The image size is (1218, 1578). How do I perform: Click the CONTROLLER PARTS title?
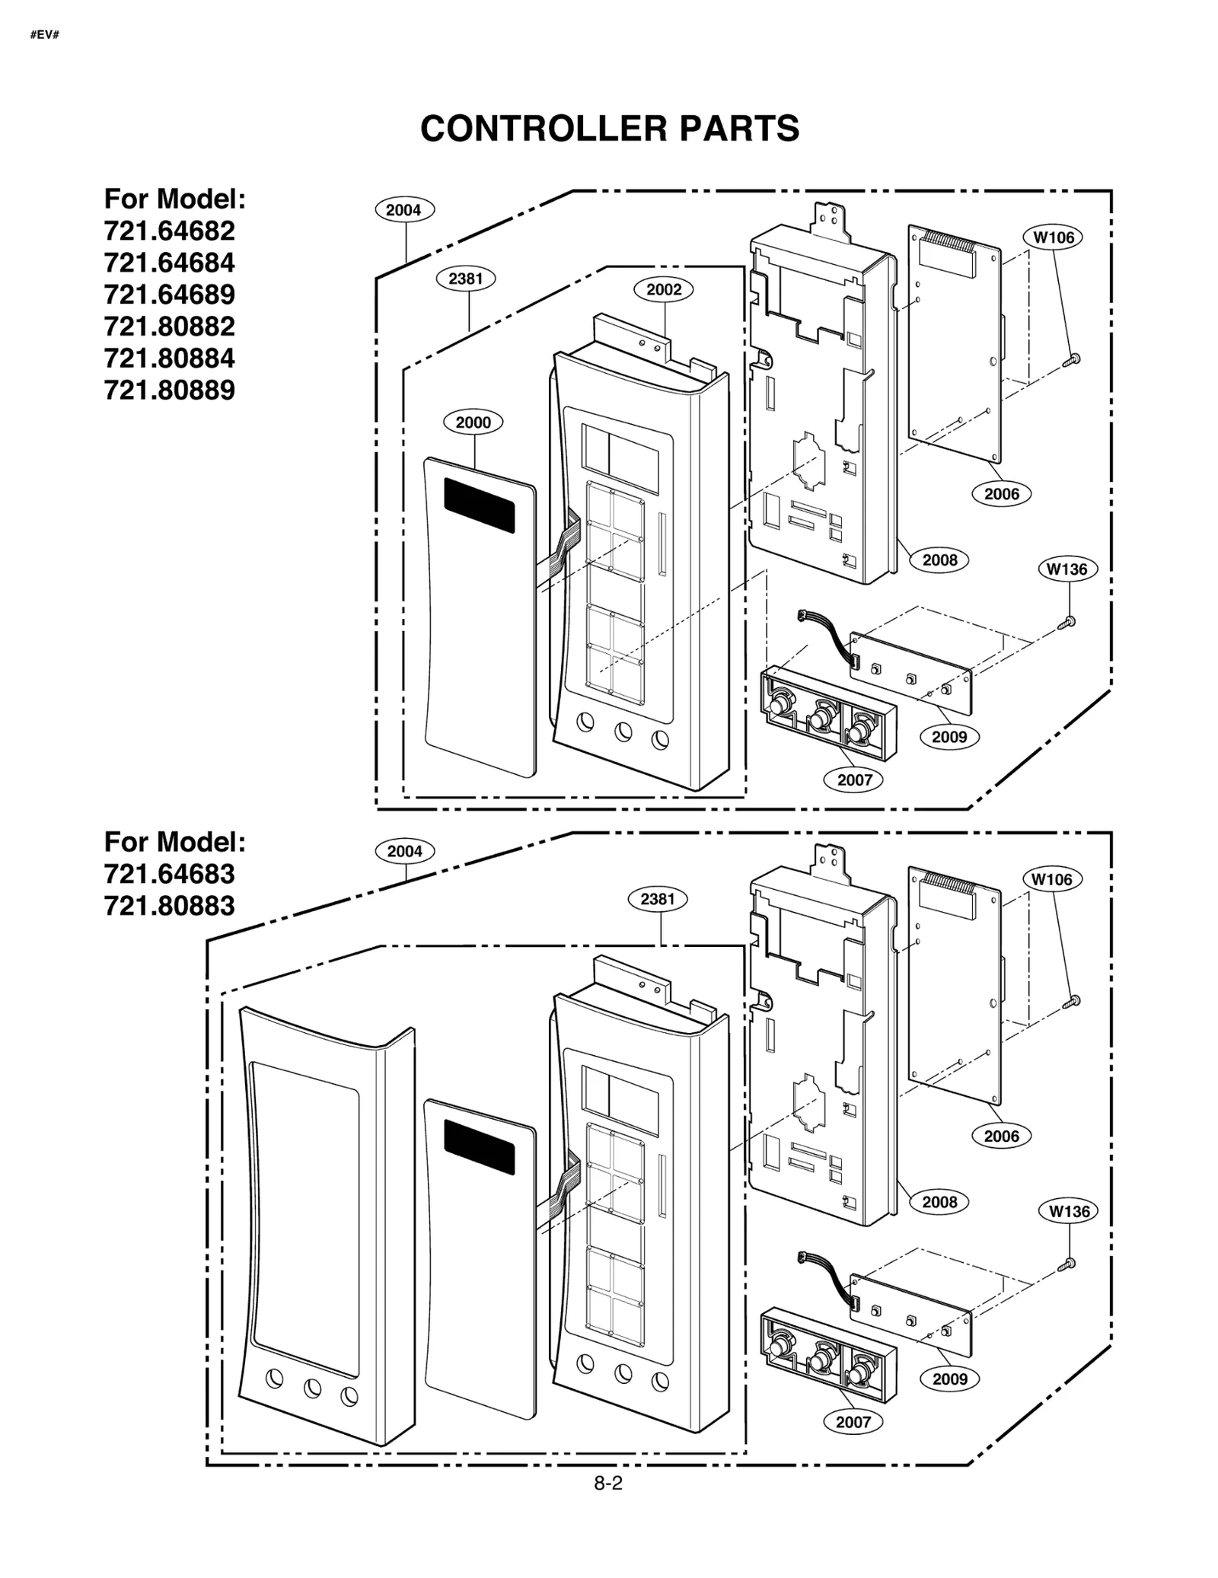[609, 129]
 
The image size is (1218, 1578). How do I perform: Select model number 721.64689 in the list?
[169, 295]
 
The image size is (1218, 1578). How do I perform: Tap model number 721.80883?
[169, 906]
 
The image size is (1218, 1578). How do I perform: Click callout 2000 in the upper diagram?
[473, 422]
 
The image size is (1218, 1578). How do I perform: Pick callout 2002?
[664, 289]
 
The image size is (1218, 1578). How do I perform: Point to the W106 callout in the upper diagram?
[1053, 237]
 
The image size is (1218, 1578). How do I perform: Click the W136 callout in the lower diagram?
[1068, 1211]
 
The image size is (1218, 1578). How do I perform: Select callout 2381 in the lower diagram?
[657, 899]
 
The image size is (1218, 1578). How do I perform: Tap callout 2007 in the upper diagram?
[854, 779]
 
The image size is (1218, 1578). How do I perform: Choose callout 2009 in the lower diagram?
[949, 1379]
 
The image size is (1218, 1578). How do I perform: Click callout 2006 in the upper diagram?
[1001, 494]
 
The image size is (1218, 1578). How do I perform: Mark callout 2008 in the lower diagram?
[939, 1202]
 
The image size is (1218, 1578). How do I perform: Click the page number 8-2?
[608, 1483]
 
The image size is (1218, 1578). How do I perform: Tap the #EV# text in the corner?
[45, 35]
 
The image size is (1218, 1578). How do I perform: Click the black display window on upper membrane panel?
[479, 505]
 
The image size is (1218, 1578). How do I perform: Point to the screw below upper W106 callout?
[1074, 358]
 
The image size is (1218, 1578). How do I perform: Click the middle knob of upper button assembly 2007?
[820, 716]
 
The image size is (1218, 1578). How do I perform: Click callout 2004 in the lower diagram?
[404, 852]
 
